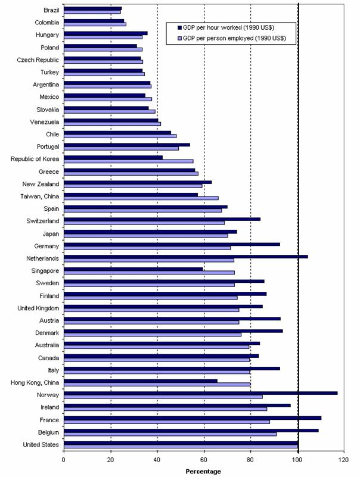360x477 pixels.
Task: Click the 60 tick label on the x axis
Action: tap(204, 459)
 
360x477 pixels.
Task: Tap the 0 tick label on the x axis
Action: tap(64, 459)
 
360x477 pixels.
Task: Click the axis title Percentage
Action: tap(203, 471)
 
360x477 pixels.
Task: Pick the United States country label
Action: tap(40, 444)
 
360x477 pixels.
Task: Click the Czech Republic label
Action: tap(38, 60)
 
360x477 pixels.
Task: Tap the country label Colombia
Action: tap(45, 22)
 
